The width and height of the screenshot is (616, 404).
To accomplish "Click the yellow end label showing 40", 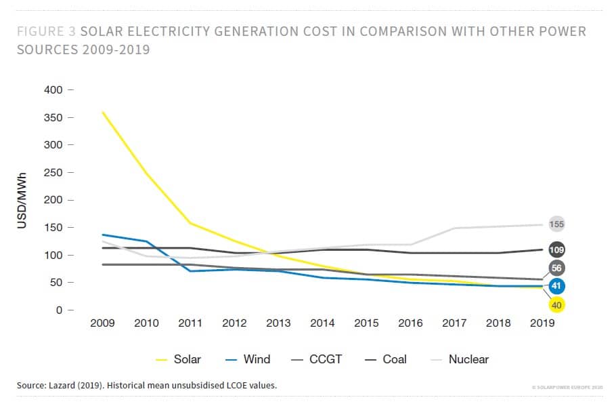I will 557,305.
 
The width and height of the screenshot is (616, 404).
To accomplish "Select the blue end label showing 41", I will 557,286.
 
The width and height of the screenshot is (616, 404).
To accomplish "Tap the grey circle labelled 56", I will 557,268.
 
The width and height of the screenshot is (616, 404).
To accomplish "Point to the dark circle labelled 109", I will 557,249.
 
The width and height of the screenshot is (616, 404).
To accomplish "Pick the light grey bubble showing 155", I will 557,224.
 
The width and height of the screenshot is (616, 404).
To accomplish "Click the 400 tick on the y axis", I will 53,90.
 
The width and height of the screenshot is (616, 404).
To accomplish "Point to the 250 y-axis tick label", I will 53,173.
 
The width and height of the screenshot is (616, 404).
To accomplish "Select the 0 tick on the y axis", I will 60,310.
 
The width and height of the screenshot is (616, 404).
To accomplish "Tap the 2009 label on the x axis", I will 103,323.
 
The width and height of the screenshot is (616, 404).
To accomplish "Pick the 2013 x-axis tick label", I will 279,323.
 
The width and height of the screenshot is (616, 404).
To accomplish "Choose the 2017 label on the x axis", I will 454,323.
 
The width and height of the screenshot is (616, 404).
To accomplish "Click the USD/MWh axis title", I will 22,201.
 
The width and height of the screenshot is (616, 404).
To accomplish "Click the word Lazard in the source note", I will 66,386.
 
